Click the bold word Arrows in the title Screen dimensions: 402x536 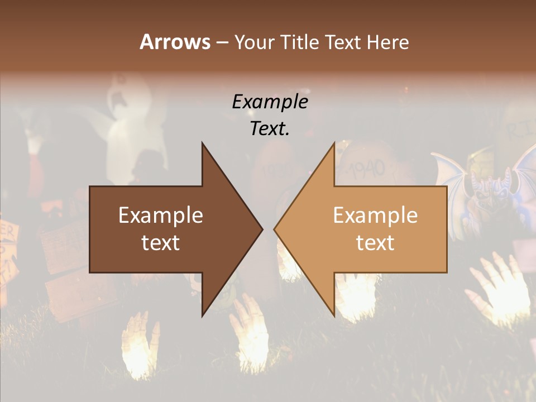(x=175, y=42)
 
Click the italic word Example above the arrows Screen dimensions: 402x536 (x=270, y=102)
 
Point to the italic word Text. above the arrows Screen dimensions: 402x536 (x=270, y=128)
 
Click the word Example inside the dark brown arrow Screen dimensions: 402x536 (x=160, y=215)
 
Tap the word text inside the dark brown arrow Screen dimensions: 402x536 (x=160, y=242)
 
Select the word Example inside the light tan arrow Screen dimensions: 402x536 (x=375, y=215)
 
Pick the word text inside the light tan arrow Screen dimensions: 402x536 (x=375, y=242)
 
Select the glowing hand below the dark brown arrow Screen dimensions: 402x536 (x=250, y=329)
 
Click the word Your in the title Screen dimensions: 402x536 (x=255, y=42)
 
